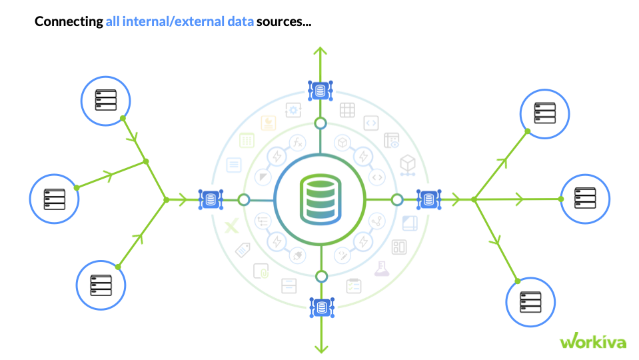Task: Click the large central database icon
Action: click(320, 199)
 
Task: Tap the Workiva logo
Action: click(592, 341)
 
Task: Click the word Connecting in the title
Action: click(69, 22)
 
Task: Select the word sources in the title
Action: click(283, 22)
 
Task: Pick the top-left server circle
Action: click(106, 102)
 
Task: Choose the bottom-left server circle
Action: click(101, 285)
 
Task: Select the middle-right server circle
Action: click(584, 199)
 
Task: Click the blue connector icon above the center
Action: click(320, 90)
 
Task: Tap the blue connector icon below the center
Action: click(321, 307)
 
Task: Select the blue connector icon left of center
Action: click(211, 199)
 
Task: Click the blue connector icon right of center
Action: click(428, 199)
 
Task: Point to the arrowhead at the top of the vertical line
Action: click(320, 51)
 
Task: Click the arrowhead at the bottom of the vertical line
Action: click(321, 348)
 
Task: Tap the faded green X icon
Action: click(231, 227)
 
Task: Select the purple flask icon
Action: click(381, 269)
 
